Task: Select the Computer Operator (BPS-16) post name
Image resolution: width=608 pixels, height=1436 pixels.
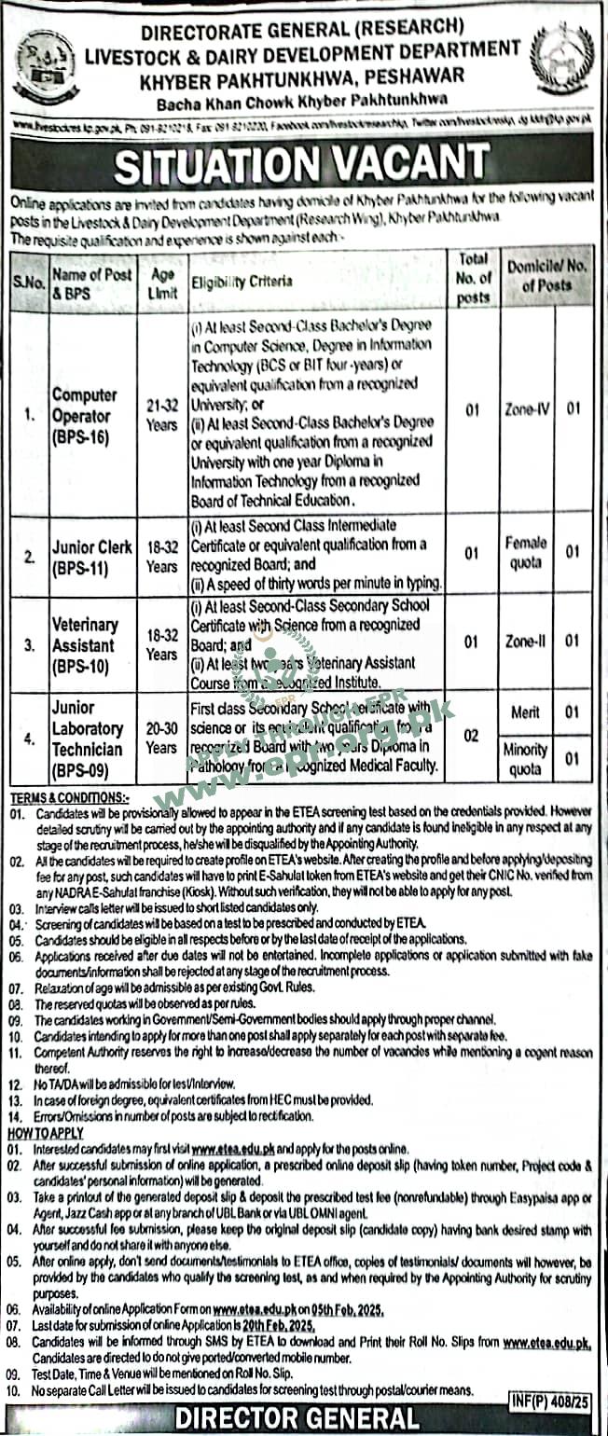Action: pos(83,415)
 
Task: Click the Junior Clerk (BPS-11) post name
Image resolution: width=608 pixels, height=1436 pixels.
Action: pos(91,556)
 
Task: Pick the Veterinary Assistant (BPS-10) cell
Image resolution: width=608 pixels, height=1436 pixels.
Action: pos(85,644)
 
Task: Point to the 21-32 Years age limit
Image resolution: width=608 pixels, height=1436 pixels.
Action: pos(161,415)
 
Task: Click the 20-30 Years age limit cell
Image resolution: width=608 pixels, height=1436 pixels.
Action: pos(161,738)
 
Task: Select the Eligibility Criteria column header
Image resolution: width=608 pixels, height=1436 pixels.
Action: pos(242,280)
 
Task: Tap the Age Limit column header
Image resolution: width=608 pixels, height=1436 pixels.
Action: pos(161,280)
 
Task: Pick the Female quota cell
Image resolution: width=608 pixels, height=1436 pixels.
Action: pos(526,552)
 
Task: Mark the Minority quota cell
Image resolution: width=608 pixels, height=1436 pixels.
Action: pos(526,759)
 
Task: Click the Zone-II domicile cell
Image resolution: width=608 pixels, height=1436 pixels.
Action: pos(525,642)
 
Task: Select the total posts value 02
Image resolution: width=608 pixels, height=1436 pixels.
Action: pos(472,737)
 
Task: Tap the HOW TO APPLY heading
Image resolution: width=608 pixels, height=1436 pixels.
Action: pos(46,1133)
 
